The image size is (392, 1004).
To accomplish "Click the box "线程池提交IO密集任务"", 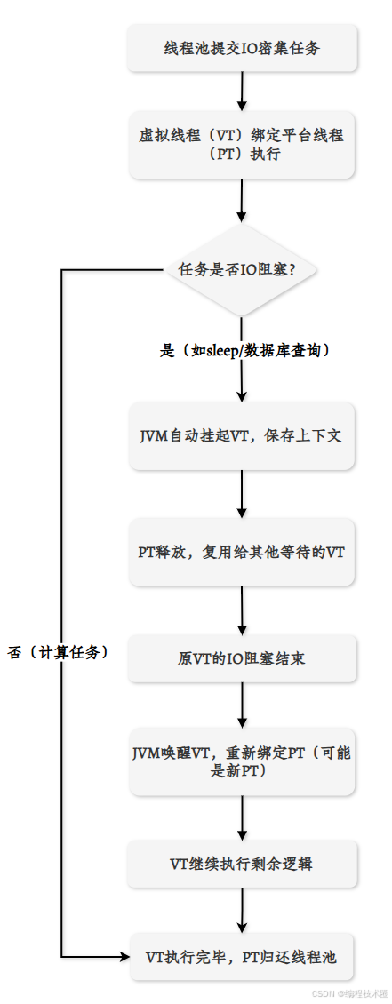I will click(x=242, y=48).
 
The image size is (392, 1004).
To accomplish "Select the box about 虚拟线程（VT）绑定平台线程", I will click(x=242, y=144).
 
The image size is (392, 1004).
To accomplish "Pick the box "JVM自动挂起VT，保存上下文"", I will click(x=242, y=436).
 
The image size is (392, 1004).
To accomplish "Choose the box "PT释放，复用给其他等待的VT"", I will click(x=242, y=552).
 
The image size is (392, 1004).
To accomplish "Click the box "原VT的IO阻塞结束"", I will click(x=242, y=660).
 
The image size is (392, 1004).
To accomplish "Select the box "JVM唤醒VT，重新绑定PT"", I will click(x=242, y=761).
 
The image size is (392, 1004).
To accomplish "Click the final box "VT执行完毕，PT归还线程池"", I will click(x=242, y=957).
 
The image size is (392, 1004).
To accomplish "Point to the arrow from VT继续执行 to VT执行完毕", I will click(x=242, y=910).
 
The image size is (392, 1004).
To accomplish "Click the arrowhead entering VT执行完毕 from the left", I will click(x=124, y=957).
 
